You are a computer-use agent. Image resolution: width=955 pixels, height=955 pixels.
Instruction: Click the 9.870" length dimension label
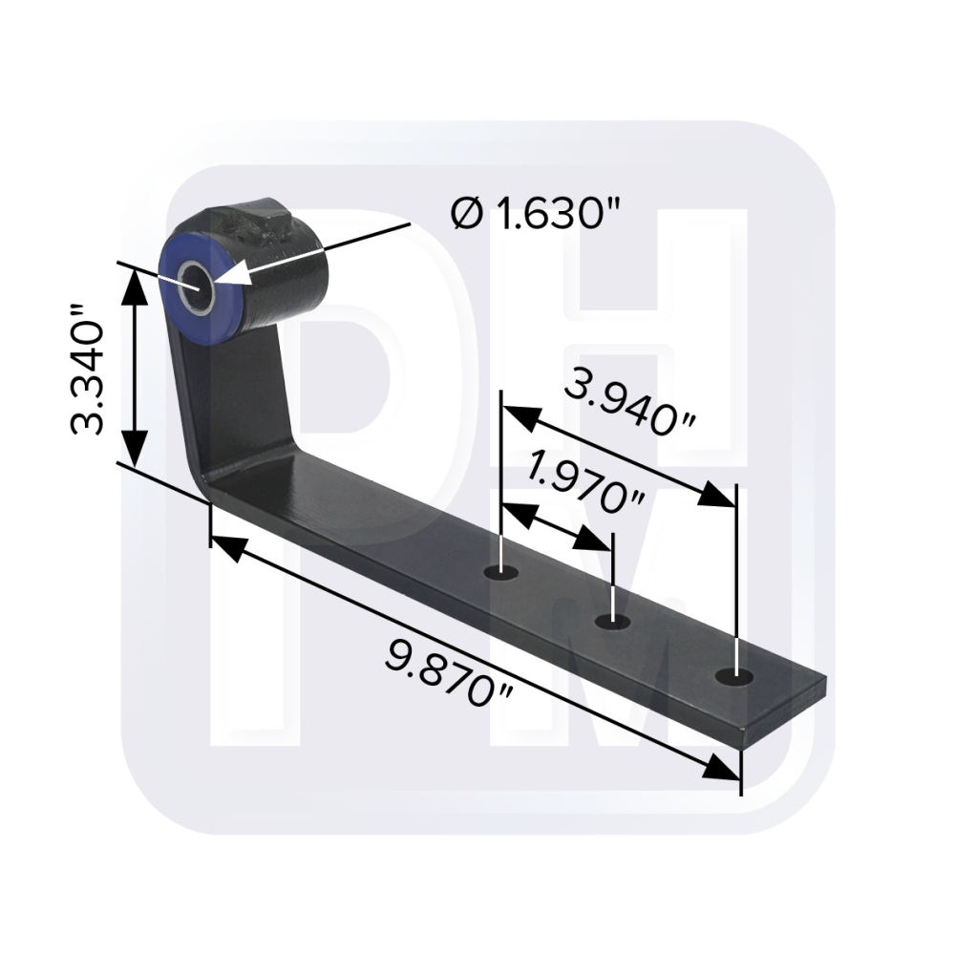pyautogui.click(x=450, y=672)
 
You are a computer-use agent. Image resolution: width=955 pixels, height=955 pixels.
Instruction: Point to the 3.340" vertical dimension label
pyautogui.click(x=87, y=370)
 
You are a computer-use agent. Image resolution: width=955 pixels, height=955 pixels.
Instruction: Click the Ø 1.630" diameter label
pyautogui.click(x=536, y=214)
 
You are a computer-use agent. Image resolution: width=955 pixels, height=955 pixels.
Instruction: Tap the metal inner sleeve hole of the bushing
pyautogui.click(x=196, y=287)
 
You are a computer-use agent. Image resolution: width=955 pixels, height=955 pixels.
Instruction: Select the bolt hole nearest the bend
pyautogui.click(x=501, y=573)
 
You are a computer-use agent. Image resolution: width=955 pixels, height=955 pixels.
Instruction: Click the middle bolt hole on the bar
pyautogui.click(x=613, y=622)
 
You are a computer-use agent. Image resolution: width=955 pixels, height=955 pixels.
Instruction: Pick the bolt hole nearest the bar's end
pyautogui.click(x=734, y=677)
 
